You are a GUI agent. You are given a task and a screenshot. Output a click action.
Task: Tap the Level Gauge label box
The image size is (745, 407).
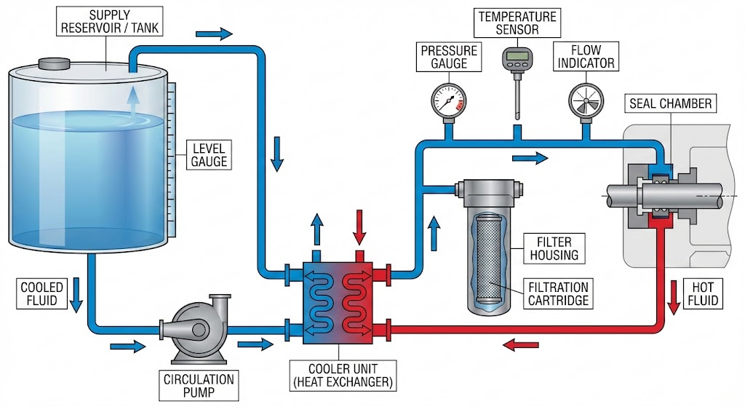pyautogui.click(x=209, y=153)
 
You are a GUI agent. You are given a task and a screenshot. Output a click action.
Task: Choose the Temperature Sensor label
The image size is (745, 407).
pyautogui.click(x=517, y=23)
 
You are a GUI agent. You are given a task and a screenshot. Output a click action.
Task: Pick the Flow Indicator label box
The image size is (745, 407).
pyautogui.click(x=586, y=56)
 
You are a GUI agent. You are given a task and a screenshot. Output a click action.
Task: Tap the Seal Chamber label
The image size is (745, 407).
pyautogui.click(x=670, y=103)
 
